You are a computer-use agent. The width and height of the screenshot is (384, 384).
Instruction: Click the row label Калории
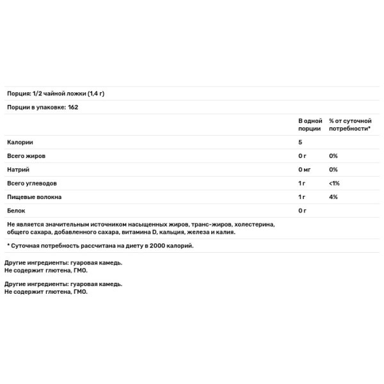click(x=20, y=143)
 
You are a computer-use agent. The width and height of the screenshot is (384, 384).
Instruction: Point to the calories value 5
click(x=300, y=143)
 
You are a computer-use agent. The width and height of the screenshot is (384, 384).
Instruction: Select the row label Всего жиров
click(x=27, y=156)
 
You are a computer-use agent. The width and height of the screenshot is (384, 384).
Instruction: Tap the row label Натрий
click(x=19, y=170)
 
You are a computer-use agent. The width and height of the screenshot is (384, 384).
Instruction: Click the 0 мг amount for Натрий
click(x=305, y=170)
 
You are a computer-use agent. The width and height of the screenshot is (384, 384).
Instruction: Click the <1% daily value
click(x=334, y=184)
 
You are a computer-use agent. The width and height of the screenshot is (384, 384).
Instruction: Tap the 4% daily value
click(x=333, y=197)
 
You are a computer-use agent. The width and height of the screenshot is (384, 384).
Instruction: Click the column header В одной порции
click(x=310, y=125)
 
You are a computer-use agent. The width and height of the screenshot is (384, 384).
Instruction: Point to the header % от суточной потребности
click(x=349, y=125)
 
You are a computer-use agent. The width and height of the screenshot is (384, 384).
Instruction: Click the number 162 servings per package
click(x=73, y=108)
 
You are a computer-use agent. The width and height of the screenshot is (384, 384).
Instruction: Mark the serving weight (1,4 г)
click(x=93, y=94)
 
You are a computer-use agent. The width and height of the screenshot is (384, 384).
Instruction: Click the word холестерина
click(x=254, y=225)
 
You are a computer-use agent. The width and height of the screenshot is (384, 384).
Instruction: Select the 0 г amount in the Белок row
click(x=303, y=211)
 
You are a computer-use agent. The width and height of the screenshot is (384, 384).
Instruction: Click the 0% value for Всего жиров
click(x=333, y=156)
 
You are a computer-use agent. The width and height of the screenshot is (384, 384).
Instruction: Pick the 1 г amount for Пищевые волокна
click(x=302, y=197)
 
